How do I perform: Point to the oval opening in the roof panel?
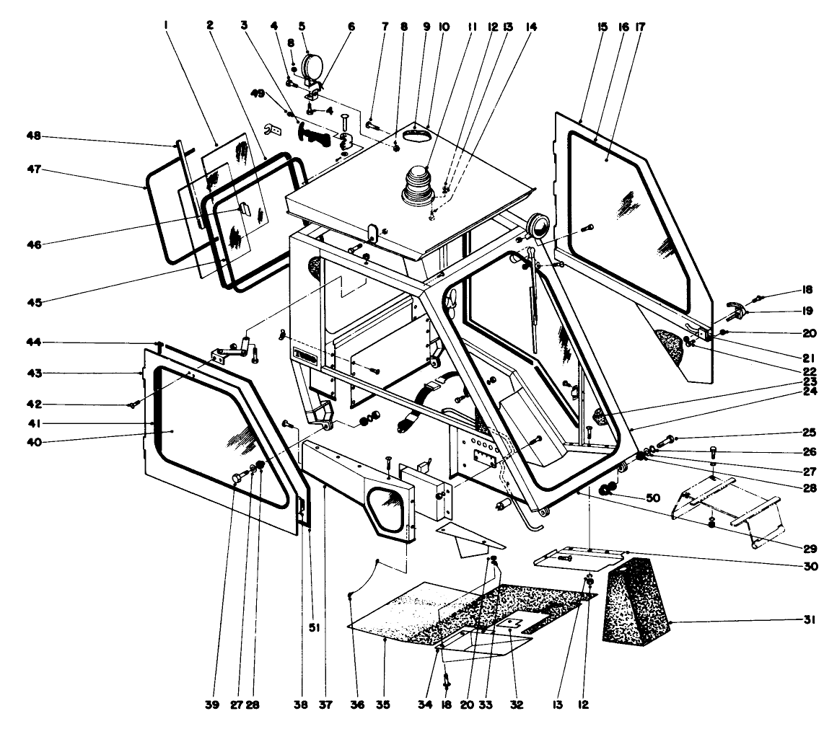click(x=416, y=134)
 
